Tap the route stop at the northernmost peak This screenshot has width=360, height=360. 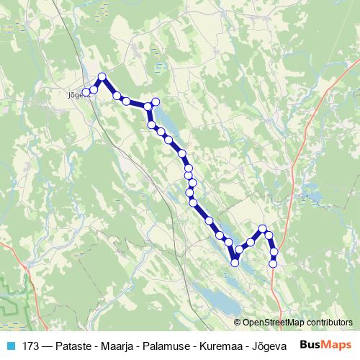click(102, 77)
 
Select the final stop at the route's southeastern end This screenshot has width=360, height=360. click(273, 264)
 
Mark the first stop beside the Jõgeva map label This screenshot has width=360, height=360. click(86, 92)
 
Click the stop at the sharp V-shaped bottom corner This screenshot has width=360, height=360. click(235, 263)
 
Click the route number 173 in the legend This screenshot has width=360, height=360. click(31, 345)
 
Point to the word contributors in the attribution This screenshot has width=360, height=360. click(330, 323)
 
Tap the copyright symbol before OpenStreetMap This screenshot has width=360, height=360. click(238, 323)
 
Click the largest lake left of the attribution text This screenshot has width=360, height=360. click(216, 298)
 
